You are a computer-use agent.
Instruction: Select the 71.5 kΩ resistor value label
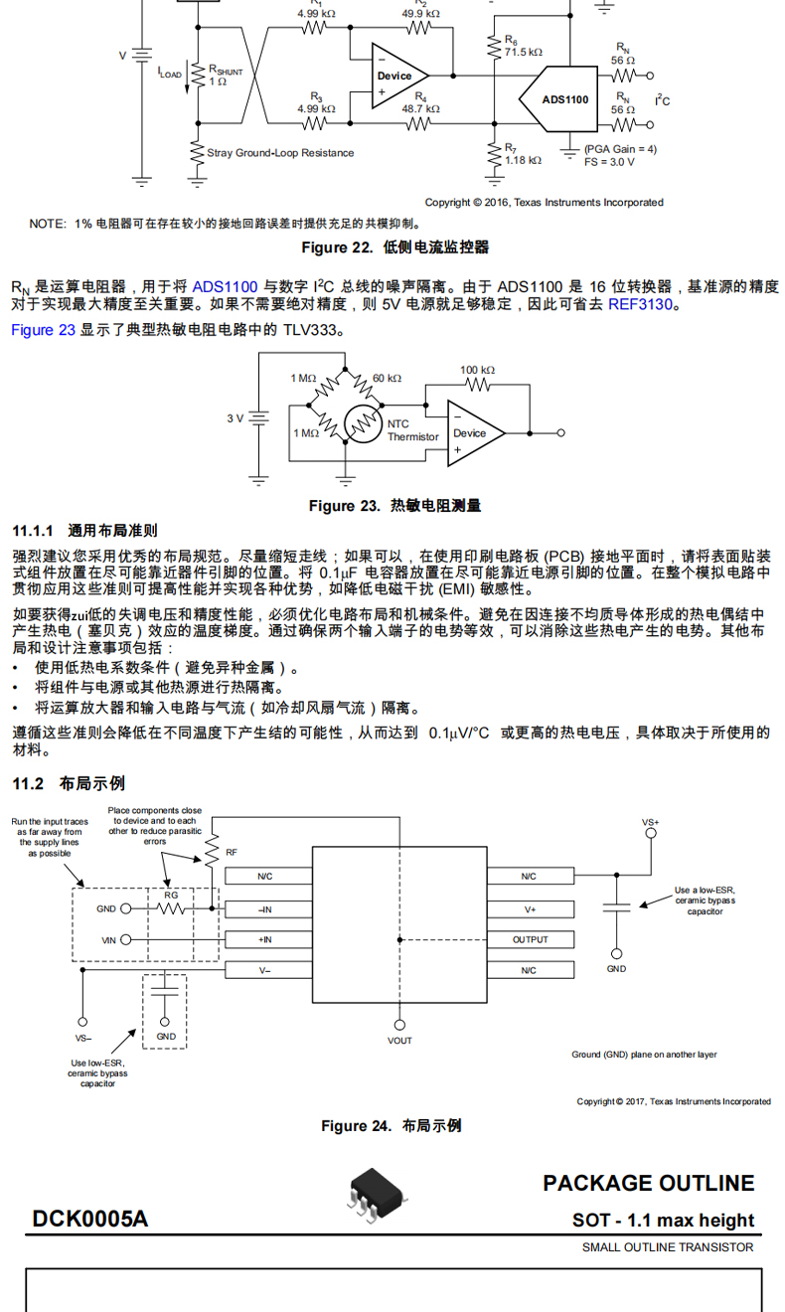pos(523,52)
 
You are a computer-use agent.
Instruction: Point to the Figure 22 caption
pos(394,247)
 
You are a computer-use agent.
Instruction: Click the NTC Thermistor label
pos(412,430)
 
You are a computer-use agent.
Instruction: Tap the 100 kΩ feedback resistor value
pos(477,370)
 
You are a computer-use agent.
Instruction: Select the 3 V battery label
pos(235,418)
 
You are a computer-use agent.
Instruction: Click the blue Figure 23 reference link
pos(43,330)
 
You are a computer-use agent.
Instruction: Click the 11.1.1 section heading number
pos(33,531)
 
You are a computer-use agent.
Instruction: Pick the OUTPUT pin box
pos(530,939)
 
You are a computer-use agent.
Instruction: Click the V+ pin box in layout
pos(530,908)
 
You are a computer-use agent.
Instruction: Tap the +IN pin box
pos(265,939)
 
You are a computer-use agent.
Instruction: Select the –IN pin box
pos(265,908)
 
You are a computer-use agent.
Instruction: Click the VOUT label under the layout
pos(399,1041)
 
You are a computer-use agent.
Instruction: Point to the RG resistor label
pos(171,894)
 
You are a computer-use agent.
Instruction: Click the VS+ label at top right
pos(651,822)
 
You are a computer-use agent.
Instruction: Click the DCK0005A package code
pos(89,1219)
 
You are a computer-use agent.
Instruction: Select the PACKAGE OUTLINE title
pos(648,1183)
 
